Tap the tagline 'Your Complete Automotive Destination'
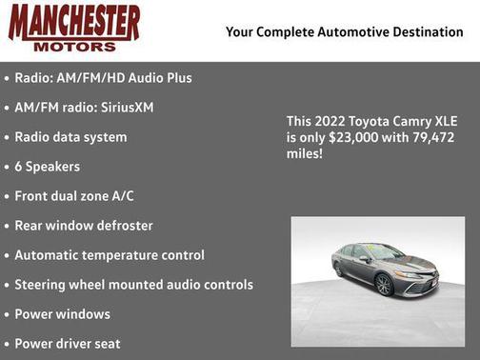345,32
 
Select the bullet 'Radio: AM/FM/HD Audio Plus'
103,78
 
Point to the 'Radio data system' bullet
70,137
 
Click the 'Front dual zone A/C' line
74,196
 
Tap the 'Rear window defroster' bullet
84,226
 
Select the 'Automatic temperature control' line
110,255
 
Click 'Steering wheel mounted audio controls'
133,285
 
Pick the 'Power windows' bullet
62,314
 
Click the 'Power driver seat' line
67,344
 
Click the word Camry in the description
410,122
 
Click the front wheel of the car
385,285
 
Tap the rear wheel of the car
338,270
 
